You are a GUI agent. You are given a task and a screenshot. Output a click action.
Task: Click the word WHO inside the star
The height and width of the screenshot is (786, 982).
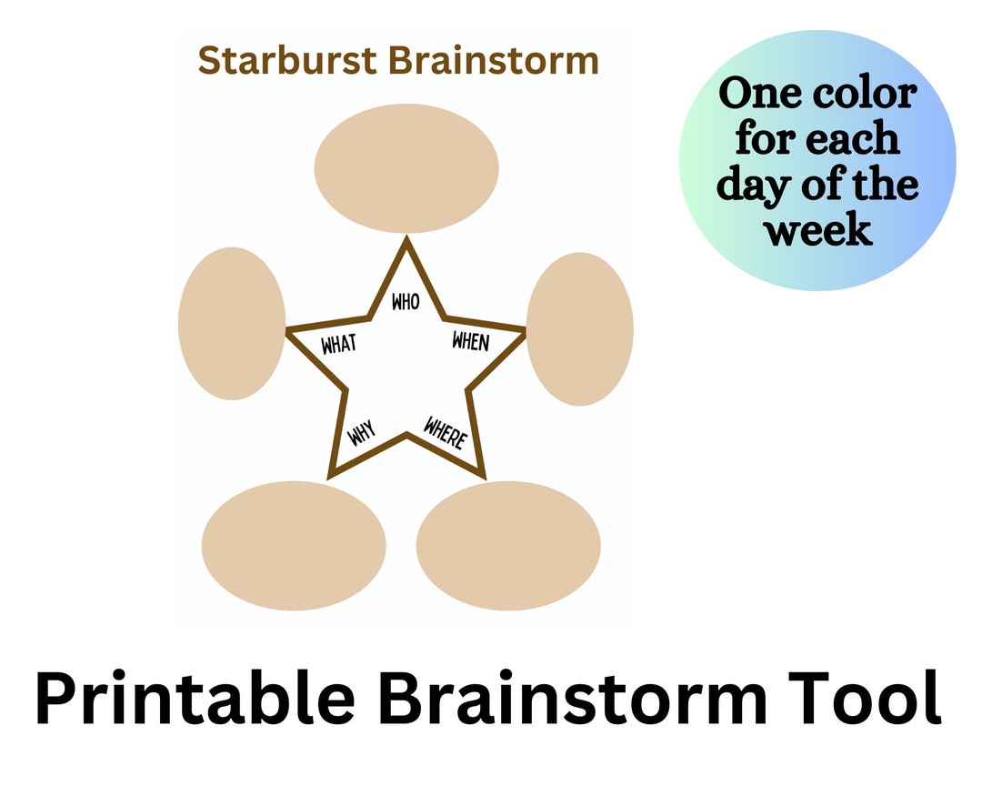[x=406, y=301]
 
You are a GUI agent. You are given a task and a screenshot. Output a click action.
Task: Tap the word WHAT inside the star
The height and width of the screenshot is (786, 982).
[x=339, y=344]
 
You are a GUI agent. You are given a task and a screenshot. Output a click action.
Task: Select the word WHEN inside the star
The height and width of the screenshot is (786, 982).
[x=471, y=341]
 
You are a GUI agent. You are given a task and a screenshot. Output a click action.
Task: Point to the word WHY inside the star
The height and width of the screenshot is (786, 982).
[x=362, y=432]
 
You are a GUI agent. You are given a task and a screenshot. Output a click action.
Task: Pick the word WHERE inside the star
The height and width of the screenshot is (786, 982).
[x=446, y=432]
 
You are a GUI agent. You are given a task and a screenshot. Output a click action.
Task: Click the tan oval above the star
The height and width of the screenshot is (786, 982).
[x=406, y=168]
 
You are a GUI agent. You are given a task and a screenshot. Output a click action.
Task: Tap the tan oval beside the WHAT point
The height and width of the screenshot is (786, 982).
[x=232, y=324]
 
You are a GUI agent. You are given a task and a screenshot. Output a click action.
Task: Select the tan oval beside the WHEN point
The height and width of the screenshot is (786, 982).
[x=580, y=329]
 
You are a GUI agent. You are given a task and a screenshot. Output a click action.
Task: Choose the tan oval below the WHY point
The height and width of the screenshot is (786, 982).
[x=294, y=545]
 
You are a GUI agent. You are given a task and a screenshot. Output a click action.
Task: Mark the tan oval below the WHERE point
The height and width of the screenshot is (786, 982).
[x=508, y=545]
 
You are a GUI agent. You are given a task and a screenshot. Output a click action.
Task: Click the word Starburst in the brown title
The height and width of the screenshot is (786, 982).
[x=287, y=61]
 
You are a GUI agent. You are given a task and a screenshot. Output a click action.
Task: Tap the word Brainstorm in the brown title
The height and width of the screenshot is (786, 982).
[x=494, y=61]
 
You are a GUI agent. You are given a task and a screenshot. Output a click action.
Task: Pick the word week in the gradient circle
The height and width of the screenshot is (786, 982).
[x=818, y=230]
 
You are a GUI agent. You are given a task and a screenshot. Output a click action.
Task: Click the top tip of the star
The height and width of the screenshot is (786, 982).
[x=406, y=237]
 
